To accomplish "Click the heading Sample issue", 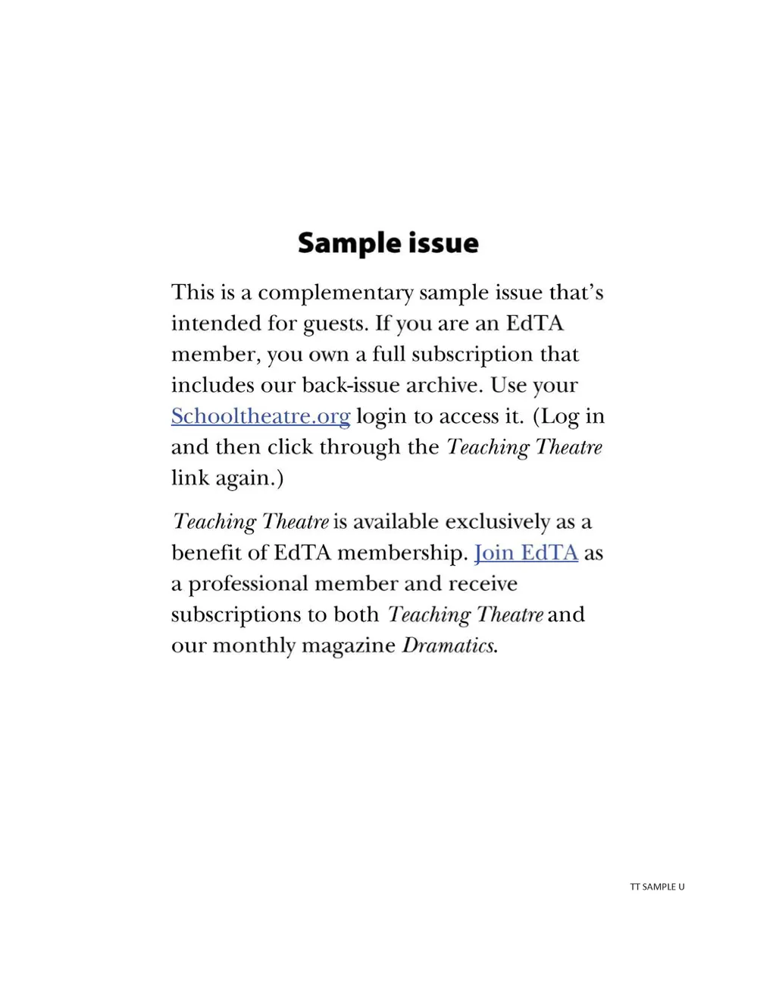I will coord(388,243).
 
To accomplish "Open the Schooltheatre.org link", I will coord(260,416).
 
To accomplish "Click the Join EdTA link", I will coord(526,552).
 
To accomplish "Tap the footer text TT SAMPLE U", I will coord(657,887).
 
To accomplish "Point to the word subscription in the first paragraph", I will coord(472,355).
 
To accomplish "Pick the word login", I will coord(381,417).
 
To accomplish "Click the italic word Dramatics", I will coord(449,645).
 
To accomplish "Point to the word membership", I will coord(402,553).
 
